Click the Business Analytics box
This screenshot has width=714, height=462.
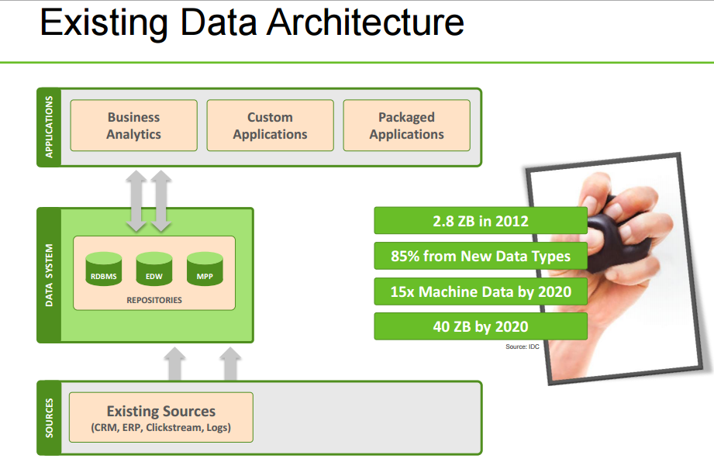[x=133, y=126]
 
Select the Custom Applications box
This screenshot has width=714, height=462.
[x=270, y=126]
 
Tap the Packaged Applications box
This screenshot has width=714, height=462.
[x=406, y=126]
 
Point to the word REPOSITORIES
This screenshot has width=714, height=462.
[x=153, y=299]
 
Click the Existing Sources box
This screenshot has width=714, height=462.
[x=161, y=417]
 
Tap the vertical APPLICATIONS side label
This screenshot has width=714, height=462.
[x=49, y=127]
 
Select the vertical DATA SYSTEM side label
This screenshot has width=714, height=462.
[x=49, y=275]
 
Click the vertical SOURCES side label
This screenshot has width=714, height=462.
[x=49, y=418]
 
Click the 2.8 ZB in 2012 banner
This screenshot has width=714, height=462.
[x=480, y=221]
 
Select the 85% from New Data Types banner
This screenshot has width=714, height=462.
[x=480, y=256]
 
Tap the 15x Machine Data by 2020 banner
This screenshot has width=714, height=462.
[x=480, y=291]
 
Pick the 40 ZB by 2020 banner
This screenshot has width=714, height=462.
[x=480, y=326]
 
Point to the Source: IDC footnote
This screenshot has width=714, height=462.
[x=522, y=346]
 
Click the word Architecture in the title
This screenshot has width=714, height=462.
[x=365, y=24]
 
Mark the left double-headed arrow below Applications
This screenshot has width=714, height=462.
[x=136, y=201]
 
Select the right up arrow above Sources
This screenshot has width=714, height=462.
[x=230, y=364]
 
